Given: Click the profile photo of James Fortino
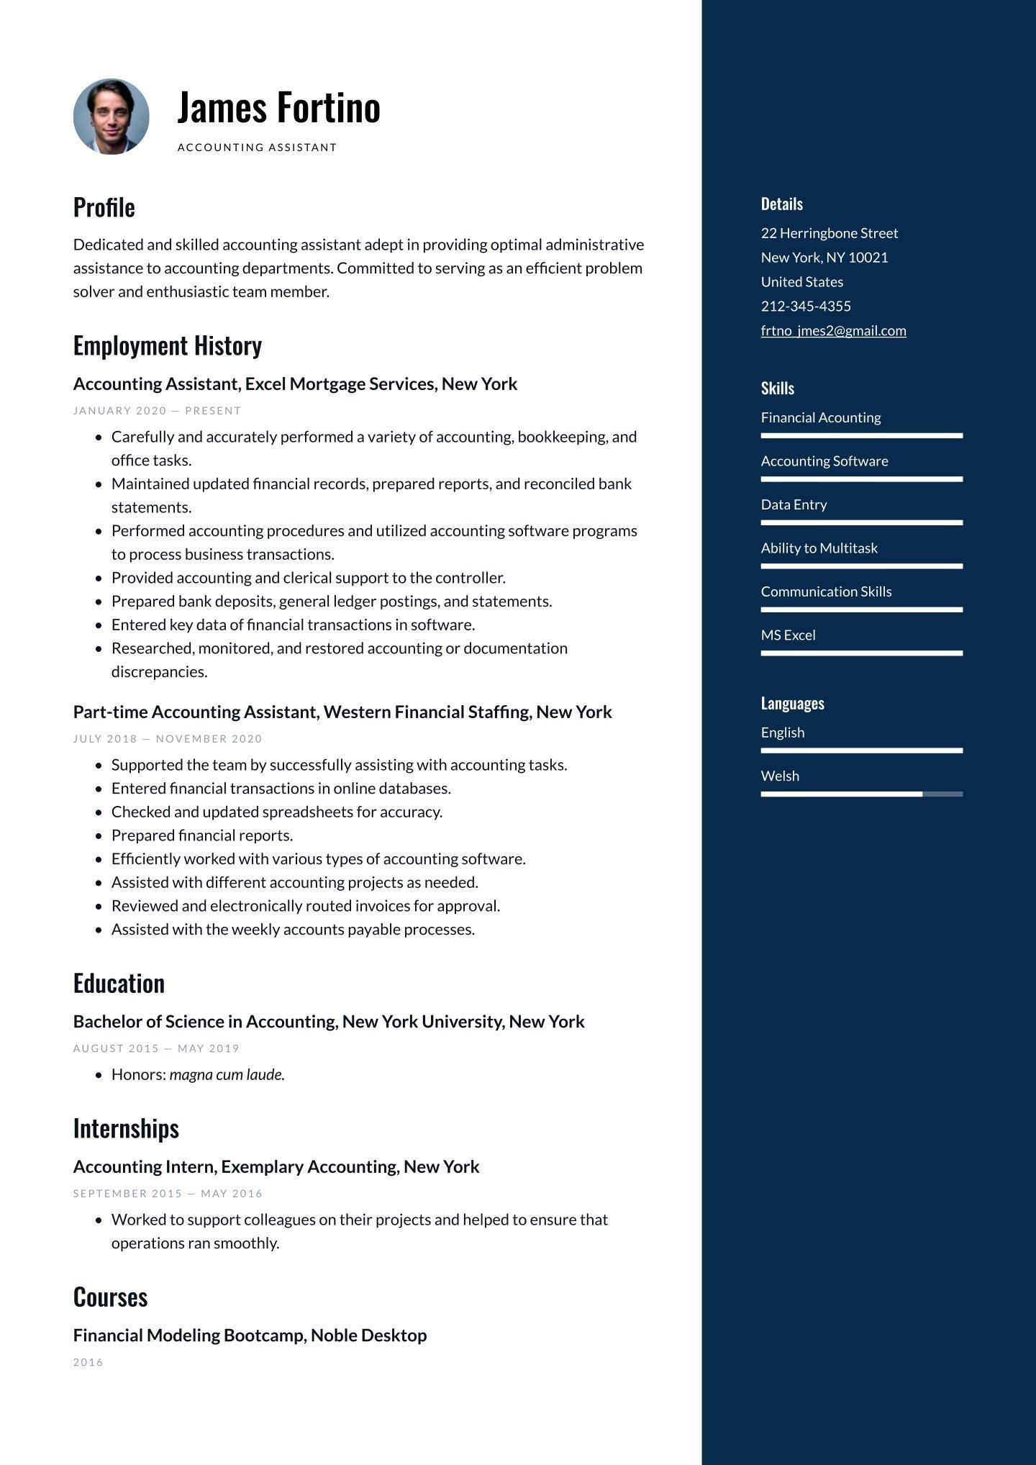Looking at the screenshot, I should [x=112, y=117].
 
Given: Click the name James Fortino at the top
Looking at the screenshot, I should [x=278, y=107].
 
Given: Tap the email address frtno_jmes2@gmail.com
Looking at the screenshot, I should [x=833, y=330].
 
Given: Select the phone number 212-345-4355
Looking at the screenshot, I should [x=806, y=306].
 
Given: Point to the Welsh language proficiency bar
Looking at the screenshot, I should [x=861, y=794].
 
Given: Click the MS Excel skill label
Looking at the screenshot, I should [x=788, y=635].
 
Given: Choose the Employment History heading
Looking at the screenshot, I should [x=168, y=345].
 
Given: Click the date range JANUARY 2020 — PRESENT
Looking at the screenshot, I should [x=157, y=411].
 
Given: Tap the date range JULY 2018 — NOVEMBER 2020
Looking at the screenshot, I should [x=168, y=739].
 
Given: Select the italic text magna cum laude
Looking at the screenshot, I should [x=227, y=1074].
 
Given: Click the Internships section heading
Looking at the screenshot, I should [x=126, y=1128].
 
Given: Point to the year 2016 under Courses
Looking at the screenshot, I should [x=88, y=1362].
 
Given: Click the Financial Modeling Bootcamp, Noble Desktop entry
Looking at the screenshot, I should [x=250, y=1335].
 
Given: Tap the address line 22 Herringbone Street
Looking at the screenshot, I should [x=830, y=232].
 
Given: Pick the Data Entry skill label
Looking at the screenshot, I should [x=794, y=504].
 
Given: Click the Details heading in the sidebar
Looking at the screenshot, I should [x=782, y=204].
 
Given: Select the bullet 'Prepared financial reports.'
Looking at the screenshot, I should [x=202, y=835].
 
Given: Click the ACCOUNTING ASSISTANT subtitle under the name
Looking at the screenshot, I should [x=257, y=148].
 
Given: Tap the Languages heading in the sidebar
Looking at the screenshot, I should [x=792, y=703].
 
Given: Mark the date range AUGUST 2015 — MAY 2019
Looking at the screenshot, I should [x=156, y=1048].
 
